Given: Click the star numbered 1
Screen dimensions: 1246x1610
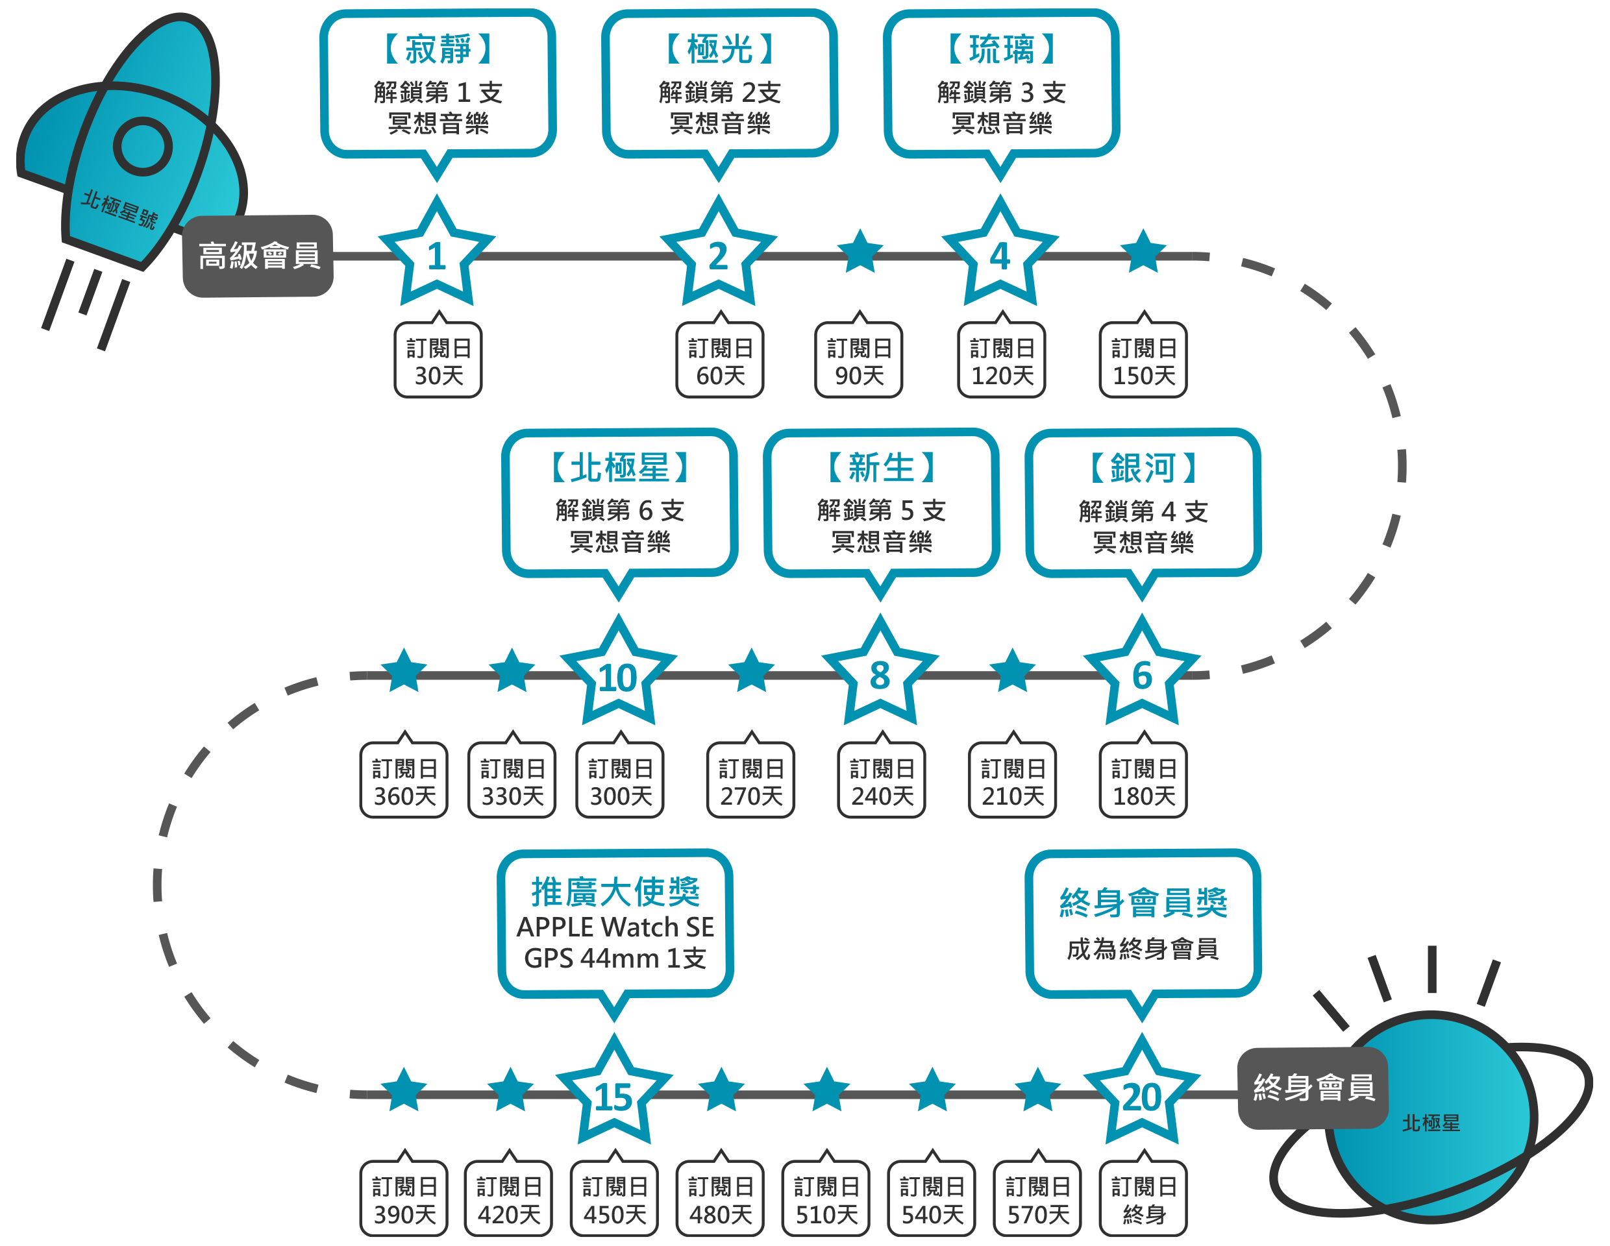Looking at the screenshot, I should (436, 255).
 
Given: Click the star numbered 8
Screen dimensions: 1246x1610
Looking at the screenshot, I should (880, 675).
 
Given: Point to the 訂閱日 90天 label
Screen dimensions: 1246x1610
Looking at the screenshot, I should (859, 361).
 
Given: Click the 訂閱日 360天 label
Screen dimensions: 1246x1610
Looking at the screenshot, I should (404, 782).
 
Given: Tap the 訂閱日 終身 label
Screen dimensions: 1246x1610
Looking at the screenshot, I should (1143, 1199).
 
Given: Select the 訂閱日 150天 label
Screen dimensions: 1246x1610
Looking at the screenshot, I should (1143, 361).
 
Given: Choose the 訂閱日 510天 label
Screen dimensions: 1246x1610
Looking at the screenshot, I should (826, 1199).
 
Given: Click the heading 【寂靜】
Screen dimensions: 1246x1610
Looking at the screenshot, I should (438, 49).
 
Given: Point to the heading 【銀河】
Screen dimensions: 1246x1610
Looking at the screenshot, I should (1143, 468).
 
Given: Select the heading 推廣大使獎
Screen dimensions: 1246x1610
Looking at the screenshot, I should (615, 892).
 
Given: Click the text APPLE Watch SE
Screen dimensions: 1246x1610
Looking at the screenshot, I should (615, 927).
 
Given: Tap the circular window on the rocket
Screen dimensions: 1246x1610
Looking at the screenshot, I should (142, 147).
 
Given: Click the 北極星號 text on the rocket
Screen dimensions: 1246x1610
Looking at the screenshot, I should (119, 209).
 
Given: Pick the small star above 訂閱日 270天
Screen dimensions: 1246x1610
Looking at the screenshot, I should (751, 670).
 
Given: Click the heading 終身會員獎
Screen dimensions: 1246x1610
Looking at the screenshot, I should (1143, 903).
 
